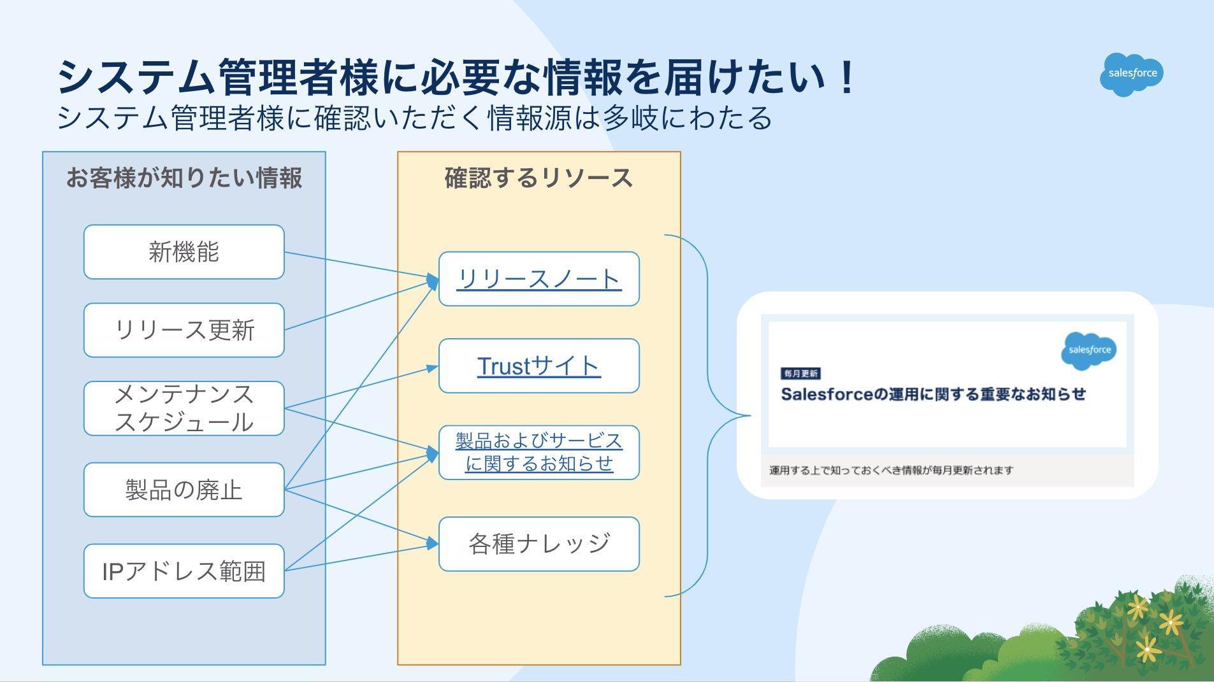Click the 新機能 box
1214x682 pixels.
184,252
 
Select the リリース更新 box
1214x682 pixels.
184,330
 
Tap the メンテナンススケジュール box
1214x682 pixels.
184,408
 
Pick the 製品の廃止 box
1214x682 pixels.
184,490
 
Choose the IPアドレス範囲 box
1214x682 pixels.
184,571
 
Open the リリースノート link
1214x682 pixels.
538,279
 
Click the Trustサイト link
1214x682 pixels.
538,366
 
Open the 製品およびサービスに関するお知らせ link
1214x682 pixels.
538,452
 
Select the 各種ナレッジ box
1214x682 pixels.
538,544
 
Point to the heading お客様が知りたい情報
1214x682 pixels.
184,178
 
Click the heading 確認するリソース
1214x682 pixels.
538,178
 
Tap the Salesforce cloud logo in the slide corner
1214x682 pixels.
1132,75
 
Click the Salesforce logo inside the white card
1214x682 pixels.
1089,351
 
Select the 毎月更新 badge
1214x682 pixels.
800,374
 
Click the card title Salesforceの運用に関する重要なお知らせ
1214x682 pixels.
933,394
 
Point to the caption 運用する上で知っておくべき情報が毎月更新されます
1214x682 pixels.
891,471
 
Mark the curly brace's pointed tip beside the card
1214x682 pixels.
750,416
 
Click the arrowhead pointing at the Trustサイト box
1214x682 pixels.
433,368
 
